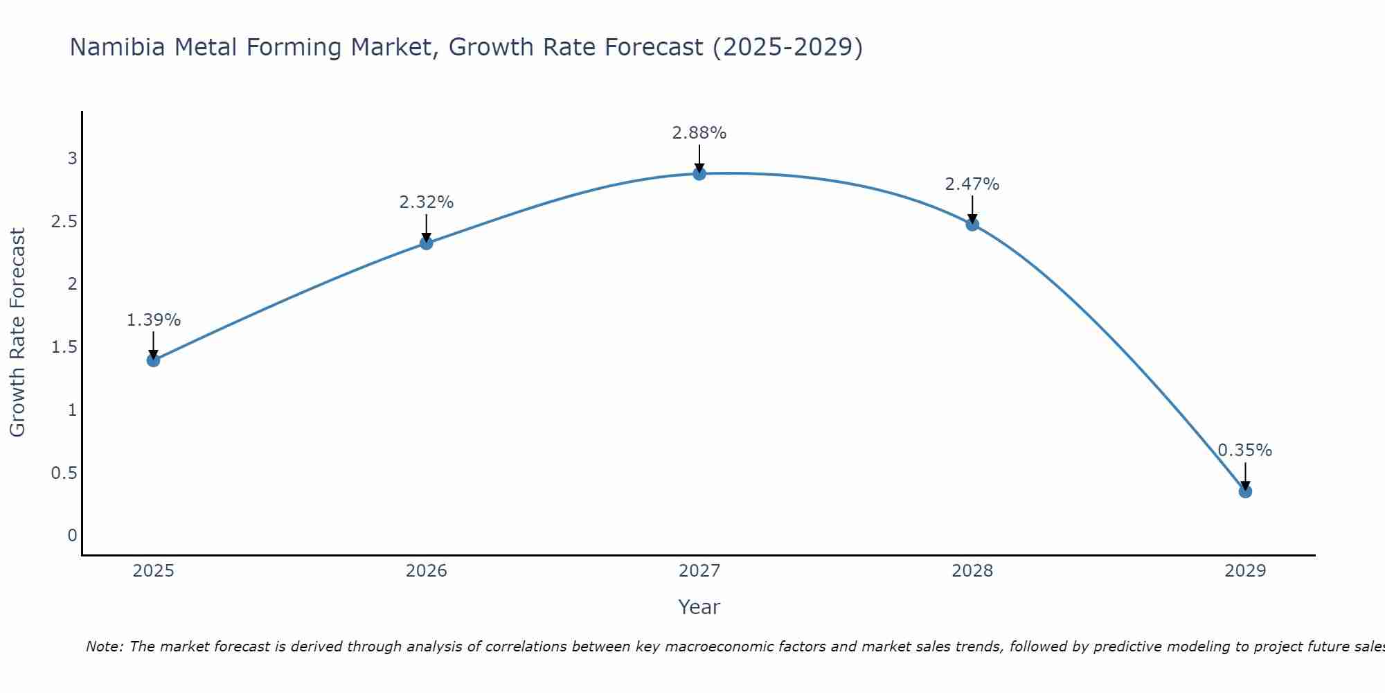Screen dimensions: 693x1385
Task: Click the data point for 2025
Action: (x=154, y=360)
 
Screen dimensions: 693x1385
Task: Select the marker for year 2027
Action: (x=699, y=173)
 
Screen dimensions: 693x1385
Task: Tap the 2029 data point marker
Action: (x=1245, y=491)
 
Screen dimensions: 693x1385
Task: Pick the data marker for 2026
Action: (x=427, y=243)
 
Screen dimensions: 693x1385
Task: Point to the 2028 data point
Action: (x=972, y=224)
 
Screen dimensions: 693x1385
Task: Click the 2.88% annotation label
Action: (x=699, y=133)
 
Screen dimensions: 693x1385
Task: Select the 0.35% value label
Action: (x=1245, y=450)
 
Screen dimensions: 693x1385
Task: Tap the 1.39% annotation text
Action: (x=154, y=320)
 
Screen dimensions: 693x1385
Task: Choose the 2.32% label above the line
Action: (x=427, y=202)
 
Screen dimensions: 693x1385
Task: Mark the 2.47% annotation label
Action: (x=972, y=184)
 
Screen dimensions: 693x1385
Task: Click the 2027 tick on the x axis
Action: (x=699, y=571)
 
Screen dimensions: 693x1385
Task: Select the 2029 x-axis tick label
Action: (x=1245, y=571)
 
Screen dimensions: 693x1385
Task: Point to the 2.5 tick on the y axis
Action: (x=64, y=222)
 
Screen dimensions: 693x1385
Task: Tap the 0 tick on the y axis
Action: (x=72, y=536)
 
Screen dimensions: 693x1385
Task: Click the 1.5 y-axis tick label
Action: (x=64, y=347)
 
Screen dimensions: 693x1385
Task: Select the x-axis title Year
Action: (x=699, y=607)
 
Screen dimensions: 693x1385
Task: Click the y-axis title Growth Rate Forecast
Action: (x=17, y=333)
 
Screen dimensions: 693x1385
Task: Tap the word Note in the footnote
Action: (x=104, y=647)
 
